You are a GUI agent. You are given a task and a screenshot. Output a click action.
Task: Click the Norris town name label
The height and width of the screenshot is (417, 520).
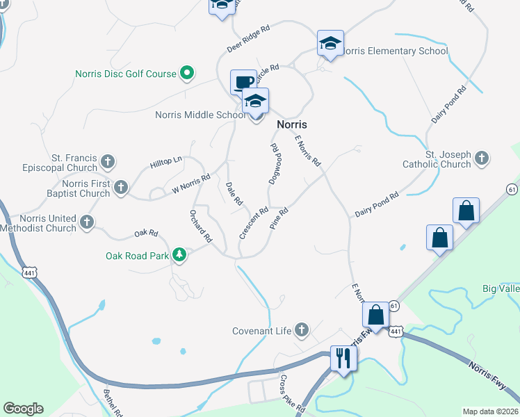(x=292, y=124)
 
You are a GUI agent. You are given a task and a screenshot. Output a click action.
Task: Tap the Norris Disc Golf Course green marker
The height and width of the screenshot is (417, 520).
(x=186, y=73)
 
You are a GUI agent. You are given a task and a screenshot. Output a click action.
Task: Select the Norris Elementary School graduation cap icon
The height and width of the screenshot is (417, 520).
(x=330, y=44)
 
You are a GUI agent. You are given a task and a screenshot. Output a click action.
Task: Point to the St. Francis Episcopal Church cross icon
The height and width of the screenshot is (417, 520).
(x=107, y=162)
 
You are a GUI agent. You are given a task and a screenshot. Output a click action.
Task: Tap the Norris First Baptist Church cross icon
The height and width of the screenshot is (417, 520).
(x=121, y=187)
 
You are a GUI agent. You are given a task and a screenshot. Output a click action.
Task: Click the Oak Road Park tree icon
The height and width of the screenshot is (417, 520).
(x=179, y=255)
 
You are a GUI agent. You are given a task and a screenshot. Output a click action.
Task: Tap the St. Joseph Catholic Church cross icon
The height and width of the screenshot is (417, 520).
(x=481, y=159)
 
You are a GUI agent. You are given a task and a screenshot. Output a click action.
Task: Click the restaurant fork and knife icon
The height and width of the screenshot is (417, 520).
(x=343, y=358)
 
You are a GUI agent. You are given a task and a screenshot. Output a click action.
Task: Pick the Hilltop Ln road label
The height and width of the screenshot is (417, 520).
(x=165, y=163)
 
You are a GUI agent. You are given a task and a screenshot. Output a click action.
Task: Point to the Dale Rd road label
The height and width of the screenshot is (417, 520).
(x=234, y=194)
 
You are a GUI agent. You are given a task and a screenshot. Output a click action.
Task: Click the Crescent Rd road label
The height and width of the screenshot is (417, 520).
(x=254, y=223)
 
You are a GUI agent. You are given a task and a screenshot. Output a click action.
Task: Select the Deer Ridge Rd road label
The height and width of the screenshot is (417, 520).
(x=248, y=37)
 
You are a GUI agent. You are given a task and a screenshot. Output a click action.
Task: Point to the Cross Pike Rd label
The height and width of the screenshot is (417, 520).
(x=292, y=394)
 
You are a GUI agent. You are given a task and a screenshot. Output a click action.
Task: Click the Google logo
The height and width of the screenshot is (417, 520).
(x=23, y=408)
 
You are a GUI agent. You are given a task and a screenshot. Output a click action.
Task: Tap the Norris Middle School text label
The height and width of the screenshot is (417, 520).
(x=200, y=115)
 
